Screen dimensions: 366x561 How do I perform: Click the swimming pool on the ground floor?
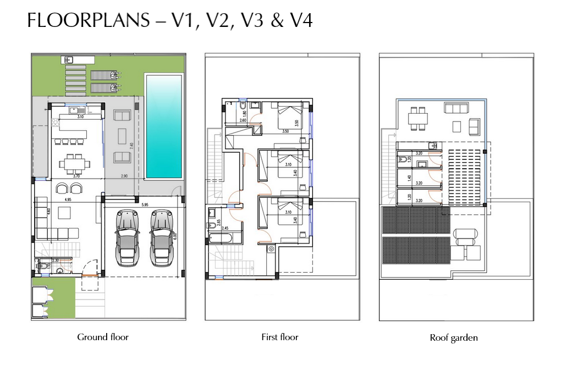[163, 126]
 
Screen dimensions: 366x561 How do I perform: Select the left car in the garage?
[128, 237]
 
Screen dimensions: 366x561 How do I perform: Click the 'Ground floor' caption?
[103, 337]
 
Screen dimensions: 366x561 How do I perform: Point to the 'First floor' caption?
[280, 337]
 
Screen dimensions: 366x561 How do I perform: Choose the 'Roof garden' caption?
[454, 338]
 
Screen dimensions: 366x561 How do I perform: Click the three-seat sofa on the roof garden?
[456, 108]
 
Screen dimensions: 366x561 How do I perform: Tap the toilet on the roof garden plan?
[403, 159]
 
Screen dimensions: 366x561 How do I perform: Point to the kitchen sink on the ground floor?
[73, 110]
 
